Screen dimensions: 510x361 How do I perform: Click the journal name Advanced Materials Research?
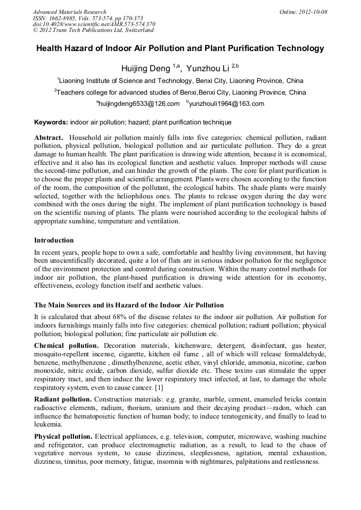(69, 12)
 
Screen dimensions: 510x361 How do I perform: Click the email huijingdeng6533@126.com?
(139, 104)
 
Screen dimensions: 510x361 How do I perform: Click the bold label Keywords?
(51, 122)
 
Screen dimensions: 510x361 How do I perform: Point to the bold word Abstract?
(48, 137)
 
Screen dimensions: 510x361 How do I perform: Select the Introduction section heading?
(54, 240)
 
